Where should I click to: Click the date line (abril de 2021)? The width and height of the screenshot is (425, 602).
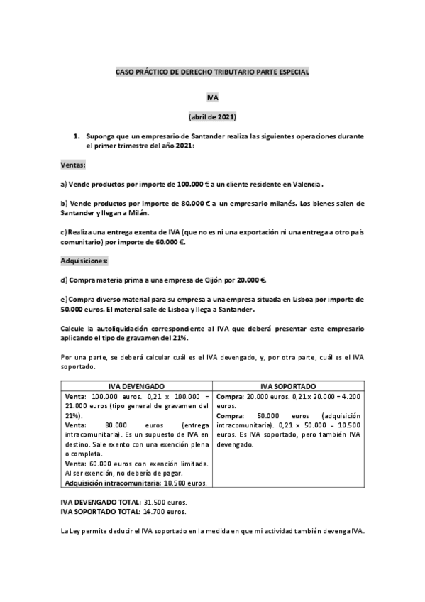[212, 116]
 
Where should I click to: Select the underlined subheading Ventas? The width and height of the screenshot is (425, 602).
[73, 165]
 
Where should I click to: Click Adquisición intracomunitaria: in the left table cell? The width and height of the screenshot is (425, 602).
[107, 483]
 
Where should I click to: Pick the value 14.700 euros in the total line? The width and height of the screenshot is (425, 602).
[165, 510]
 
